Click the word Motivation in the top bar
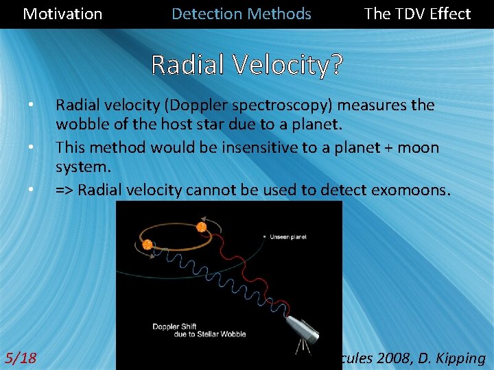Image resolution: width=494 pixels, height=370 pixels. point(62,14)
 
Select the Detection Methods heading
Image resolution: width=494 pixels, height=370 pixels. point(242,14)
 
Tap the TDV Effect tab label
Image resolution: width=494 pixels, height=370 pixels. point(417,14)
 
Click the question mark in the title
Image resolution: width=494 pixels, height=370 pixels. point(336,65)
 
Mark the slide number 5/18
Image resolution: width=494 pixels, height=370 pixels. point(21,358)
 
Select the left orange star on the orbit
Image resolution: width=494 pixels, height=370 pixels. point(147,245)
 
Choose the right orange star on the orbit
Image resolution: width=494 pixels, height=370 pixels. point(202,227)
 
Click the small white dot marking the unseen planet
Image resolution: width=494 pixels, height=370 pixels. point(265,237)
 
